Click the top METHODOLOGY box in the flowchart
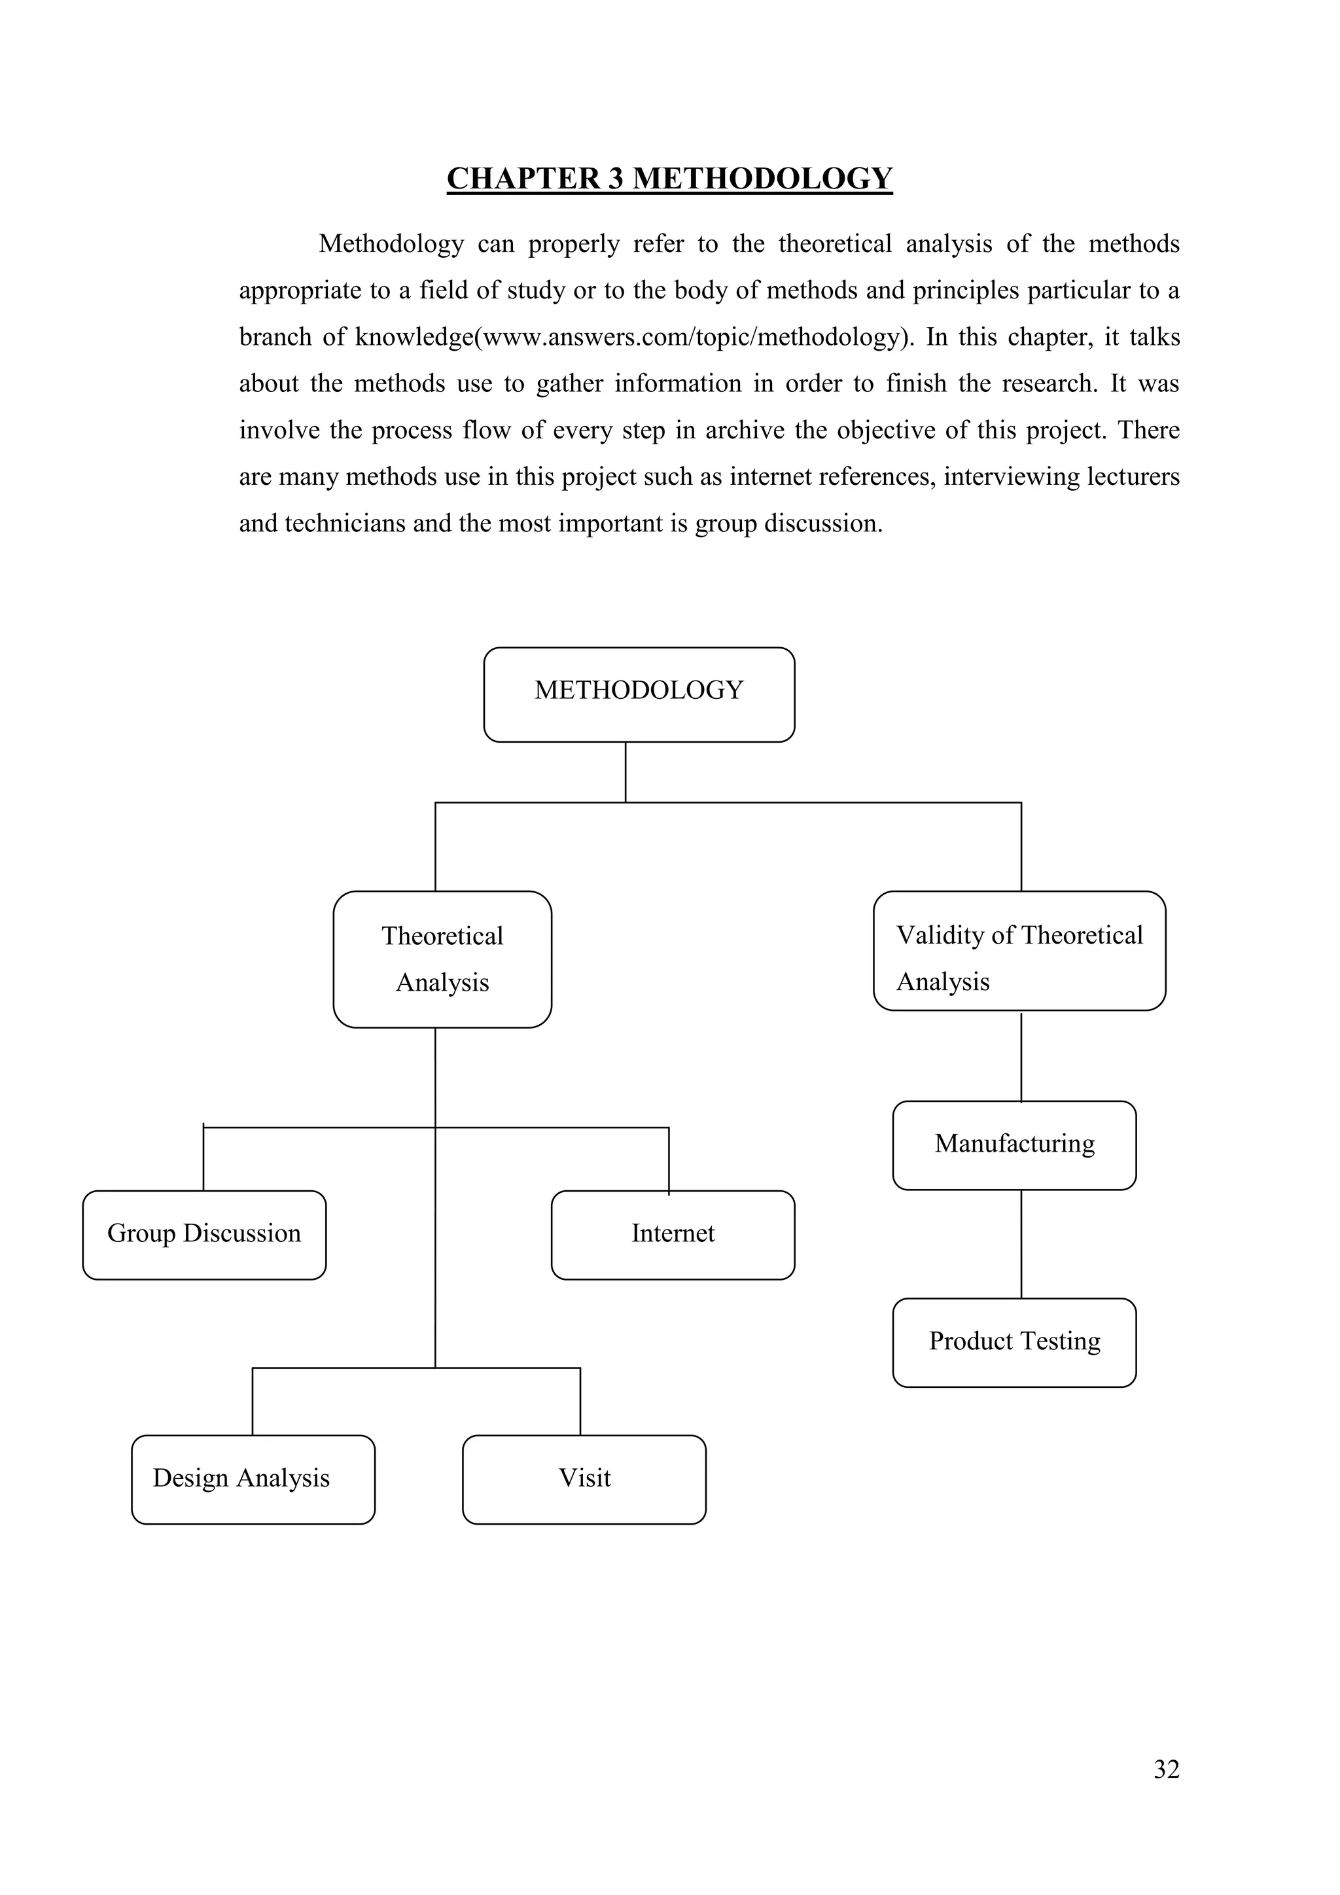(x=639, y=694)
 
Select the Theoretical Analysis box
(x=442, y=959)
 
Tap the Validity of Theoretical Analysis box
(x=1019, y=951)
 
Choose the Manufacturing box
(x=1014, y=1144)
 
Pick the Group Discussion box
(x=203, y=1235)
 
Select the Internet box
(x=673, y=1235)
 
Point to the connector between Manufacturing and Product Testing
(x=1021, y=1244)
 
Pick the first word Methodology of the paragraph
(x=391, y=244)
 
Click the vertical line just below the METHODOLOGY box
(x=626, y=771)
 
